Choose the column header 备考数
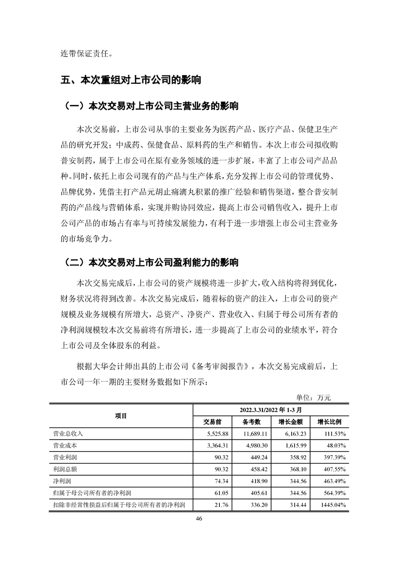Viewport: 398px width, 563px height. [248, 421]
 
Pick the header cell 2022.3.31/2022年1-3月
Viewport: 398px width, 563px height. [270, 409]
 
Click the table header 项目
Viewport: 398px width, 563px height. [120, 415]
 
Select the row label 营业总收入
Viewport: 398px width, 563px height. [68, 433]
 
